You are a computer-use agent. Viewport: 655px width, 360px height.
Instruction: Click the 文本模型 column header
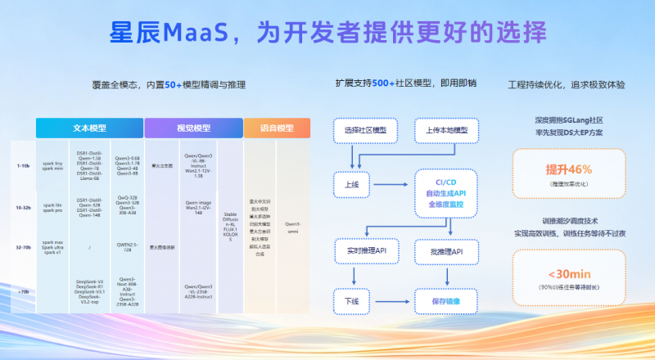click(x=88, y=128)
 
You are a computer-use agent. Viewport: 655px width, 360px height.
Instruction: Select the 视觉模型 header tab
click(x=193, y=128)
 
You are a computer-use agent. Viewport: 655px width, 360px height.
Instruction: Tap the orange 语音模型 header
click(x=277, y=128)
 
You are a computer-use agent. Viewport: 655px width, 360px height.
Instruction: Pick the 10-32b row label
click(x=23, y=208)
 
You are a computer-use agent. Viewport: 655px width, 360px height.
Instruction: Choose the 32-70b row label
click(x=23, y=245)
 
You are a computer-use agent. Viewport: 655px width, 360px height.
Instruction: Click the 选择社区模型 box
click(x=365, y=130)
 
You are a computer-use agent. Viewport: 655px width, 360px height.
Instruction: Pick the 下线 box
click(x=353, y=301)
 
